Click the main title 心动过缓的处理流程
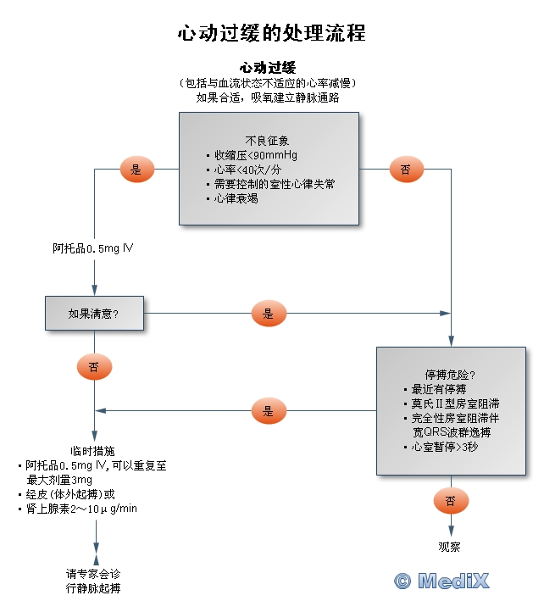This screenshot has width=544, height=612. [x=271, y=33]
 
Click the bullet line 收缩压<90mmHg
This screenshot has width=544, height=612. [x=255, y=155]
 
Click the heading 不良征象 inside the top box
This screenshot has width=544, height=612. [x=268, y=140]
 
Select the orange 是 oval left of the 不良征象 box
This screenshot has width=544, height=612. [x=136, y=170]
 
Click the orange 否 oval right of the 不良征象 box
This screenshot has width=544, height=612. [x=406, y=170]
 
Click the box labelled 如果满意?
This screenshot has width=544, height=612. [x=94, y=313]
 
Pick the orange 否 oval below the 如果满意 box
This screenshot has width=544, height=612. [x=94, y=367]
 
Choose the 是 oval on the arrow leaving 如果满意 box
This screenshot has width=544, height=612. [x=269, y=314]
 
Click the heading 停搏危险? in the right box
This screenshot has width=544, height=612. [x=449, y=374]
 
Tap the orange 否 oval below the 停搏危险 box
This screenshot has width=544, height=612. [x=450, y=501]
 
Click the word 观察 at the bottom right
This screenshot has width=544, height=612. [x=449, y=547]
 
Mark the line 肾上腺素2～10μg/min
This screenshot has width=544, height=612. [x=81, y=509]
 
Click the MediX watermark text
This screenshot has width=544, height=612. [x=441, y=581]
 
